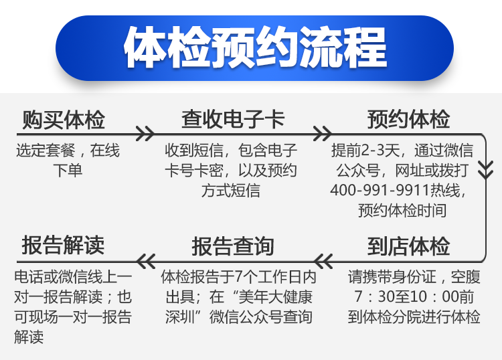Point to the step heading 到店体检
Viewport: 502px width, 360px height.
point(408,246)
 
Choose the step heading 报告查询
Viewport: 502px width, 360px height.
point(233,246)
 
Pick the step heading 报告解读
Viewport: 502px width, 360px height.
point(64,246)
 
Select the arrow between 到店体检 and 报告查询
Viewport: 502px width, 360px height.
point(323,260)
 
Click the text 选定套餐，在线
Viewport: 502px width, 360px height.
point(68,151)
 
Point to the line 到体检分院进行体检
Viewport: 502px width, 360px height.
point(414,317)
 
